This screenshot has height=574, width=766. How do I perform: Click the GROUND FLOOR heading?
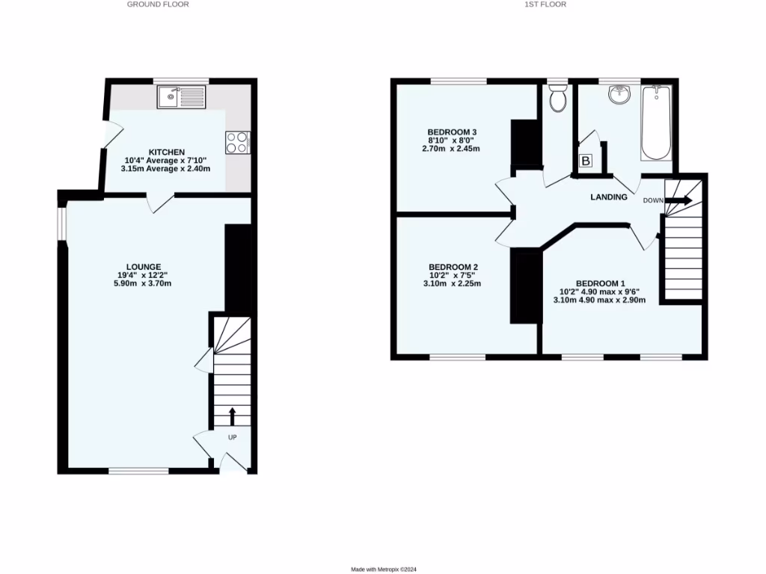(x=158, y=4)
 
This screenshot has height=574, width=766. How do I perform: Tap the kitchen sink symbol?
(x=180, y=96)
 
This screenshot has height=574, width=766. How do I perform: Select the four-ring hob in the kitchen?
(x=237, y=142)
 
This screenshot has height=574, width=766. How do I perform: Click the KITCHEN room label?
(x=166, y=152)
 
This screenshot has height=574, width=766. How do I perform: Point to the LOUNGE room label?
(x=144, y=266)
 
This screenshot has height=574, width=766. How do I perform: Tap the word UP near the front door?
(x=232, y=437)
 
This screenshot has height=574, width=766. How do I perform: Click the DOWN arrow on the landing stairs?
(x=679, y=200)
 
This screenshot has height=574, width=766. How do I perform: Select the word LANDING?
(x=609, y=197)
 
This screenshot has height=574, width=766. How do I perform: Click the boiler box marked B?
(x=586, y=161)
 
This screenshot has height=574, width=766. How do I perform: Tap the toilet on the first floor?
(x=557, y=97)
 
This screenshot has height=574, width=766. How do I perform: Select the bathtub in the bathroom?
(x=656, y=122)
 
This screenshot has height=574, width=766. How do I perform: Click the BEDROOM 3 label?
(x=453, y=132)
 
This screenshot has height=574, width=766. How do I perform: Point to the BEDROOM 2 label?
(x=453, y=267)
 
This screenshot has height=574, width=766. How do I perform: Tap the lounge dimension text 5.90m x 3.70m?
(x=144, y=283)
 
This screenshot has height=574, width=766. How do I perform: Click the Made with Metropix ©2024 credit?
(x=383, y=570)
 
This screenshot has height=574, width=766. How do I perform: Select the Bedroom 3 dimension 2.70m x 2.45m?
(x=450, y=149)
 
